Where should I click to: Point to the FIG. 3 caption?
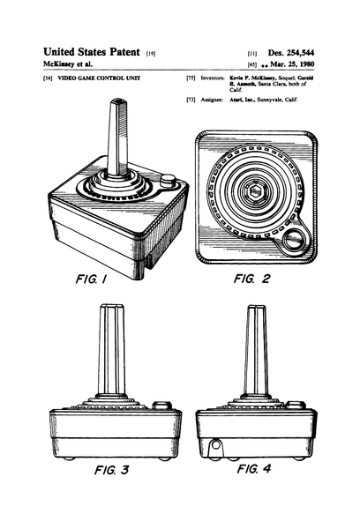(x=111, y=469)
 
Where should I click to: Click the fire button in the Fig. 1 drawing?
(x=167, y=182)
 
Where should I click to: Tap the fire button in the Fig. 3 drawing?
(x=161, y=406)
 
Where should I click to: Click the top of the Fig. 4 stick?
(x=257, y=309)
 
